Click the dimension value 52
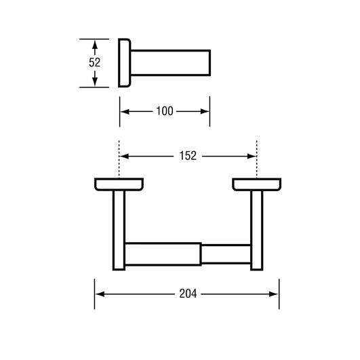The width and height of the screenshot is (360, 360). click(x=95, y=62)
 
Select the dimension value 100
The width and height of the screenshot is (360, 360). click(x=165, y=111)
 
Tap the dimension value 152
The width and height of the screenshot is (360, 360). click(x=188, y=155)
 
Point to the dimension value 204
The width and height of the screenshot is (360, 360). click(x=188, y=294)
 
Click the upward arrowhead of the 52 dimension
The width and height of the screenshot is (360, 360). click(x=96, y=44)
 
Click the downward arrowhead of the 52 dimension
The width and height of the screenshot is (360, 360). click(x=96, y=82)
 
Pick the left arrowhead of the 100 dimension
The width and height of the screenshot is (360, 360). click(x=125, y=111)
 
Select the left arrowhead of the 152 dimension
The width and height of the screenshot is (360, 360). click(x=124, y=155)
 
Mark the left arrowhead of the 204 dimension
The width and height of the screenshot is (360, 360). click(x=99, y=294)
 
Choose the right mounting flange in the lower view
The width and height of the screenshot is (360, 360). click(x=256, y=184)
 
